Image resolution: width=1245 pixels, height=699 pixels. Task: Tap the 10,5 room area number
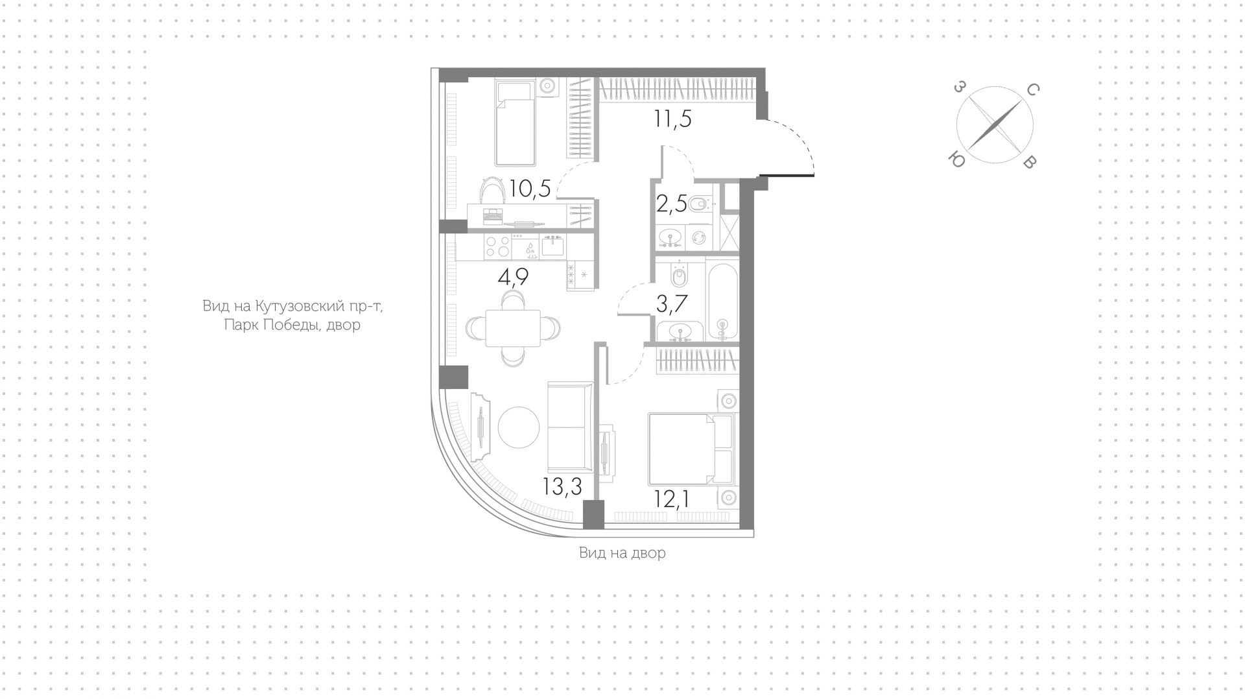[530, 189]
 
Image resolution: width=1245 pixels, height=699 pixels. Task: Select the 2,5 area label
[671, 205]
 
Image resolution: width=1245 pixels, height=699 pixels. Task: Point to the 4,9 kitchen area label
[513, 278]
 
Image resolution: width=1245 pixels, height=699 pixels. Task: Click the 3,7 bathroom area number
[671, 303]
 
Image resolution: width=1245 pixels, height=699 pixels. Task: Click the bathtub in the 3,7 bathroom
[722, 300]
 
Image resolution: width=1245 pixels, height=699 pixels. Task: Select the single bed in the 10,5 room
[516, 123]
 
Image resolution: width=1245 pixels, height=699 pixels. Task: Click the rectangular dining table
[513, 329]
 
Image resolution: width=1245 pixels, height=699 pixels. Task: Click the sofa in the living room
[570, 428]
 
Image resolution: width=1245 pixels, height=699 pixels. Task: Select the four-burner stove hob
[497, 247]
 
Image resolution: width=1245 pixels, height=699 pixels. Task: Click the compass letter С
[1034, 91]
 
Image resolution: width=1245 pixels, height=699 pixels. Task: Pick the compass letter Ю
[956, 159]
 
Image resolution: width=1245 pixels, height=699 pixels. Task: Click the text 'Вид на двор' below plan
[622, 553]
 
